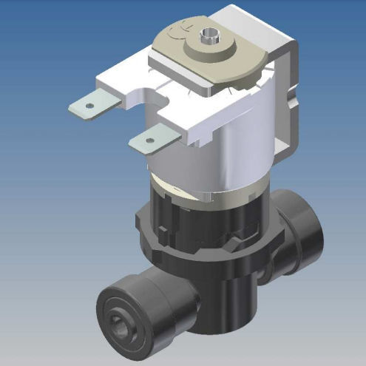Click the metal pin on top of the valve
coord(213,35)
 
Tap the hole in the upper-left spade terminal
coord(89,106)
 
